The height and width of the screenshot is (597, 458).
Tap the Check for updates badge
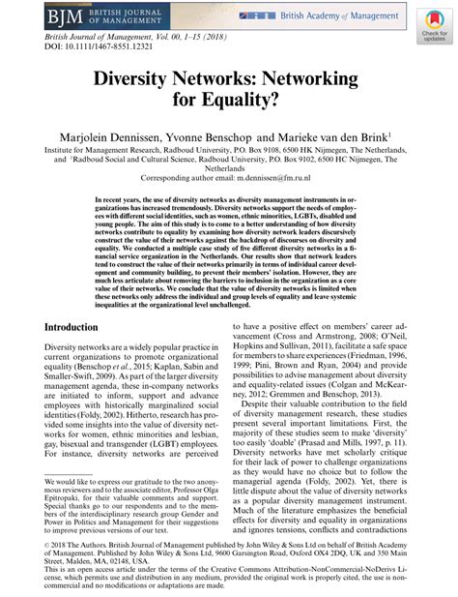(432, 27)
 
